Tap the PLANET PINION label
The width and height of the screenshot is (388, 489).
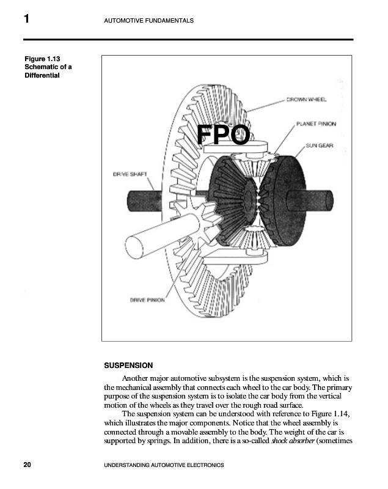(x=316, y=123)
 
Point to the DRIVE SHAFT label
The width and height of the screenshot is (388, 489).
(x=130, y=174)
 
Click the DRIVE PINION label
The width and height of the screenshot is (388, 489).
(x=147, y=300)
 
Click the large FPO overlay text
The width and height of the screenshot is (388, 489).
(x=224, y=135)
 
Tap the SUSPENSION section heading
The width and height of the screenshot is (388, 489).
(x=128, y=366)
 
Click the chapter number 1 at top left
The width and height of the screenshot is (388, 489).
(x=27, y=20)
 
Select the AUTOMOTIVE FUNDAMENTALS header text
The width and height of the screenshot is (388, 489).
(x=150, y=21)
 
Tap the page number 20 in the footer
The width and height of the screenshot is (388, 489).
(x=27, y=465)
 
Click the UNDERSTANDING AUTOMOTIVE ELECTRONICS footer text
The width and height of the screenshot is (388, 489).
(x=164, y=466)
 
